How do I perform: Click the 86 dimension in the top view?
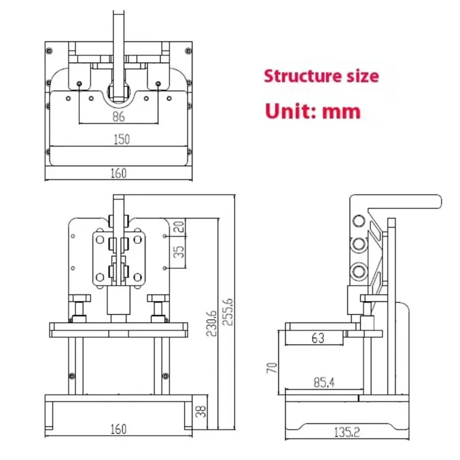click(118, 117)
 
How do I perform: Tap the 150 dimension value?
click(121, 139)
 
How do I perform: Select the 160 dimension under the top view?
click(118, 173)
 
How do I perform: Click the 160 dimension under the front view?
click(118, 429)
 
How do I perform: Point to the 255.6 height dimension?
click(228, 312)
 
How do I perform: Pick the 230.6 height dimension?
click(212, 323)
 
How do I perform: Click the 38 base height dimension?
click(201, 411)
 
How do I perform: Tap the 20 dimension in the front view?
click(179, 227)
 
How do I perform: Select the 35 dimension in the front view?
click(179, 252)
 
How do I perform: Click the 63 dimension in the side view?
click(318, 338)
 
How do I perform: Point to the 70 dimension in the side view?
click(272, 368)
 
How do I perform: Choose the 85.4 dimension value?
click(324, 382)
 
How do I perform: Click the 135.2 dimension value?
click(347, 432)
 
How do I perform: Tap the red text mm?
click(341, 112)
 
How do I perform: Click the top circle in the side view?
click(359, 221)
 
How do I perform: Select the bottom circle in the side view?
click(359, 271)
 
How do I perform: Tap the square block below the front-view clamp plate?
click(118, 301)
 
